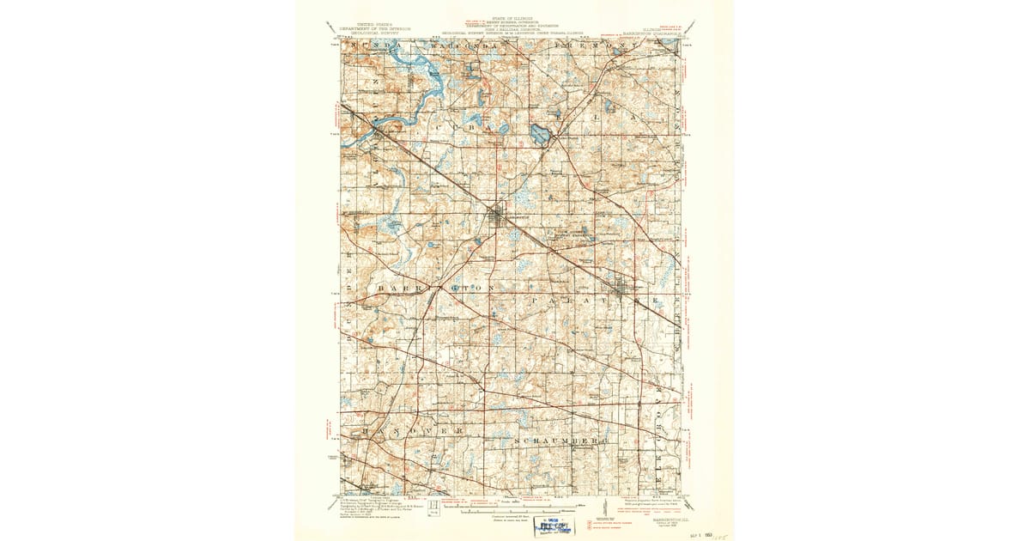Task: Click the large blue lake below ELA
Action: click(541, 134)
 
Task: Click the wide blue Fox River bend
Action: click(434, 84)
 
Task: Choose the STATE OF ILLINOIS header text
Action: click(513, 18)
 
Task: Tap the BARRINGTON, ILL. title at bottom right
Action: click(649, 505)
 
